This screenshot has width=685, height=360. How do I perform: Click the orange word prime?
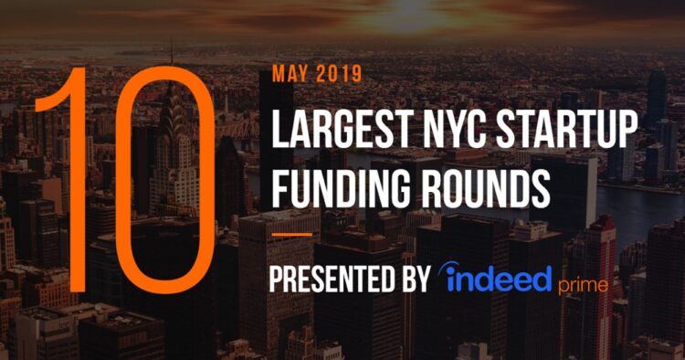coord(583,285)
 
